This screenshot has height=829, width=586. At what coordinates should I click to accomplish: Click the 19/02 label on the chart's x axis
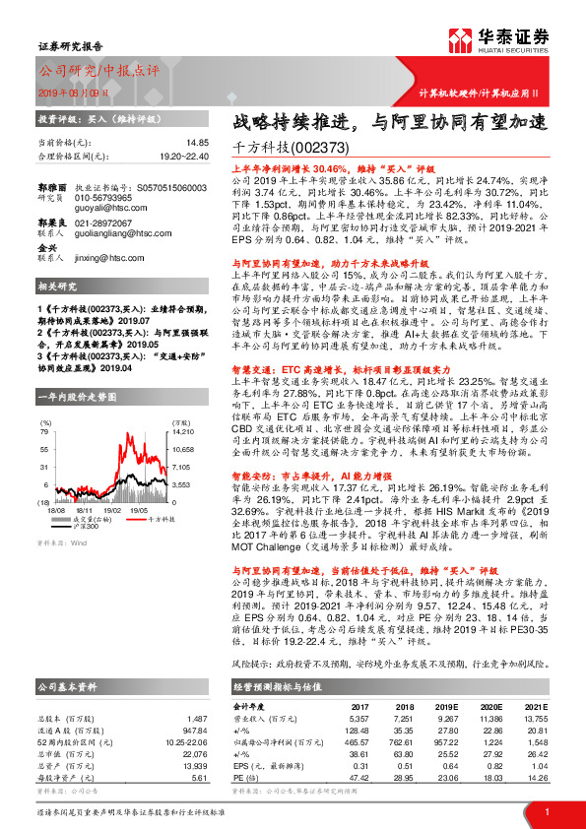pos(113,511)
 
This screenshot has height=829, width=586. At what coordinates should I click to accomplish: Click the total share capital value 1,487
pos(196,691)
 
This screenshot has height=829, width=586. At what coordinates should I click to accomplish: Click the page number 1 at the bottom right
pos(547,809)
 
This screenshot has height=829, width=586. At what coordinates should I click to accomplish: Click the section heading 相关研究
pos(55,287)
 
